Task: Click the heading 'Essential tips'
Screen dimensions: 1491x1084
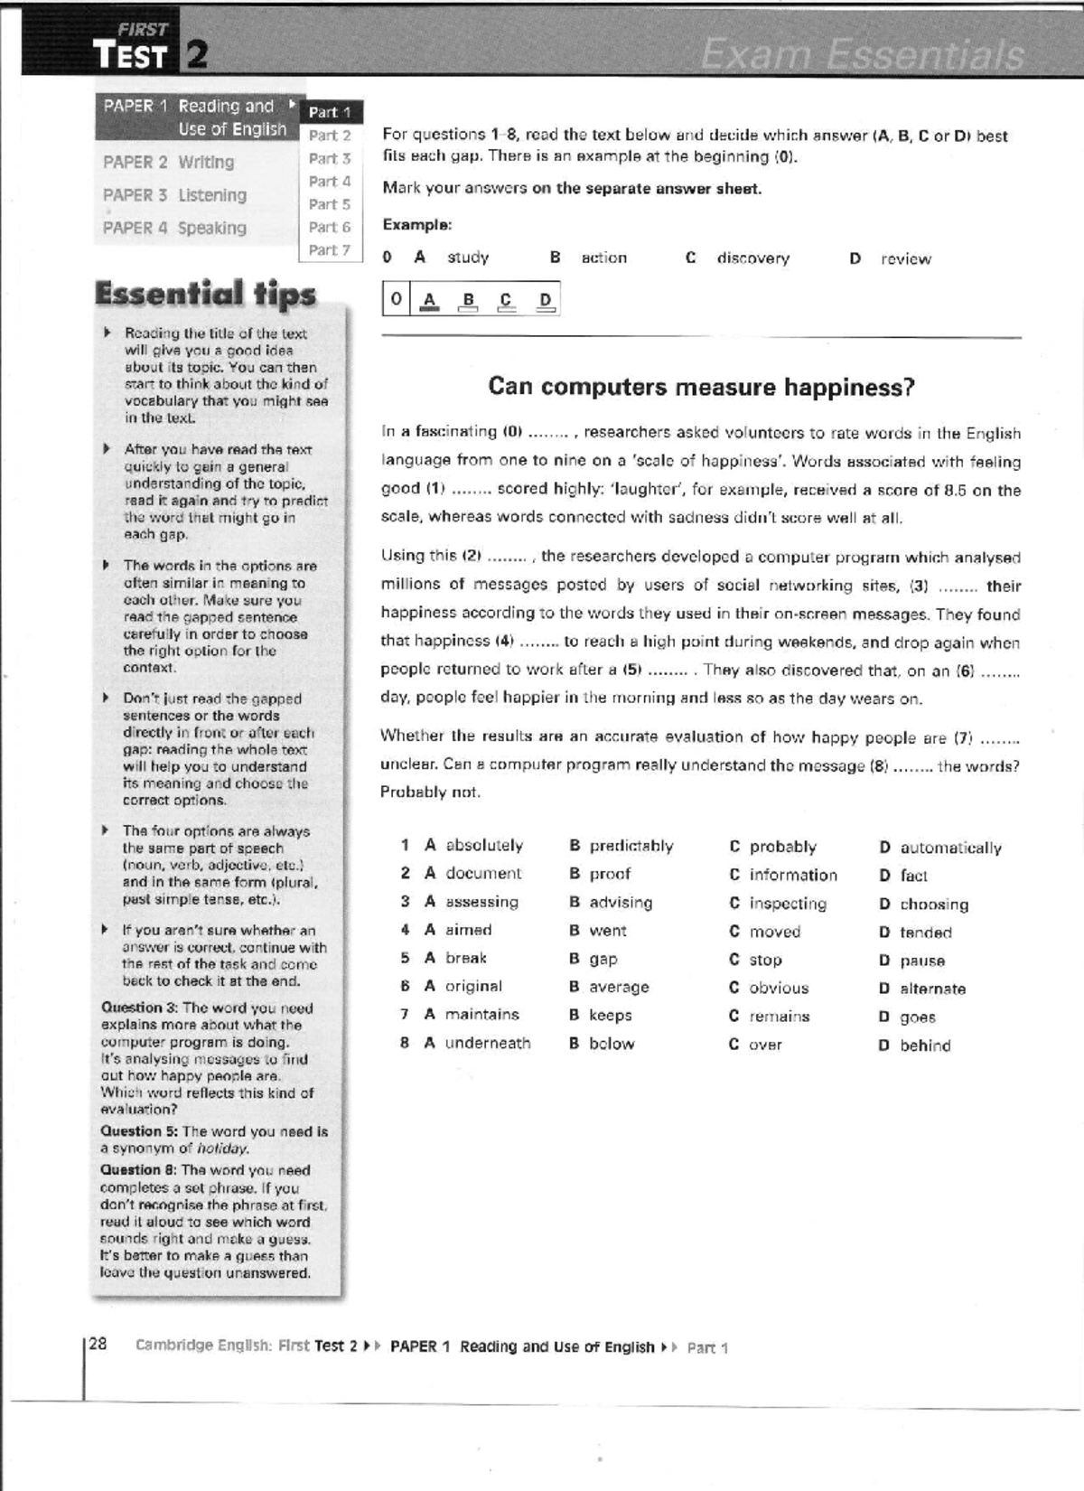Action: coord(205,294)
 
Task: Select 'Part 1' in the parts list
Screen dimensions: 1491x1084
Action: coord(330,112)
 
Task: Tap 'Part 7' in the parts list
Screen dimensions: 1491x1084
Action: coord(329,249)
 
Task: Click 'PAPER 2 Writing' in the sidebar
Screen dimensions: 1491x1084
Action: coord(169,162)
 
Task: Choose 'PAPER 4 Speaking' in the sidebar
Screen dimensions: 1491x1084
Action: coord(174,228)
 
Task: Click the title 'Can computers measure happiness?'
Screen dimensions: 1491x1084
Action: coord(701,387)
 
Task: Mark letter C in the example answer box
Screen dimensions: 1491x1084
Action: coord(506,301)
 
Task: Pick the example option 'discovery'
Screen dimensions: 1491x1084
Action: coord(752,258)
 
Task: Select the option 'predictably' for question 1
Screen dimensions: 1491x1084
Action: coord(631,846)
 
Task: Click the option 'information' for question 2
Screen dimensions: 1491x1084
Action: coord(792,875)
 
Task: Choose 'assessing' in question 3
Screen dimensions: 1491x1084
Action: coord(481,902)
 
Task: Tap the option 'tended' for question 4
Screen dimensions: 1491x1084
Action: coord(925,933)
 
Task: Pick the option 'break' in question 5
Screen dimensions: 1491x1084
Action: coord(465,958)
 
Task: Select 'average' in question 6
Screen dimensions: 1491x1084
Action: coord(619,987)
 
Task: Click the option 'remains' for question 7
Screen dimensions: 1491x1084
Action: coord(779,1017)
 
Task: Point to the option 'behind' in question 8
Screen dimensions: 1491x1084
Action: coord(925,1046)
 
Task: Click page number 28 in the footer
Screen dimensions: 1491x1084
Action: coord(98,1344)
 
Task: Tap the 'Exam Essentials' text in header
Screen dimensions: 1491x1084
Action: coord(863,55)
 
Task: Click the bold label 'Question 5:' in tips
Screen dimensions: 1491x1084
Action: coord(139,1131)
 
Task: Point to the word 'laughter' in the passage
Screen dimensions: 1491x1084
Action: coord(644,490)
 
